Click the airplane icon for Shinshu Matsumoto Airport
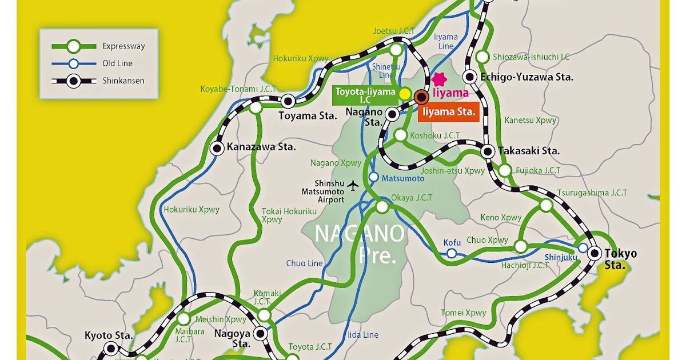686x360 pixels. (x=353, y=186)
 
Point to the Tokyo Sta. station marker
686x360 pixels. (x=595, y=253)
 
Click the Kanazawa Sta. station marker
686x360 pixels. (x=217, y=148)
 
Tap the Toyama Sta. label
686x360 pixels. (x=308, y=116)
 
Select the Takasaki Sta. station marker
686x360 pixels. (x=488, y=151)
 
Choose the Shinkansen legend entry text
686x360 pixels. (x=123, y=81)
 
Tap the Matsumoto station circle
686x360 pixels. (x=373, y=178)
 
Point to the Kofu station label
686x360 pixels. (x=452, y=243)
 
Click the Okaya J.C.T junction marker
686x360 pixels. (x=381, y=207)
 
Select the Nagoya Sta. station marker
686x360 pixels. (x=261, y=333)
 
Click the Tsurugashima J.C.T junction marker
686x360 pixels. (x=547, y=205)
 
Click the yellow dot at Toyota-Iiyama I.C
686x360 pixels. (x=404, y=93)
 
